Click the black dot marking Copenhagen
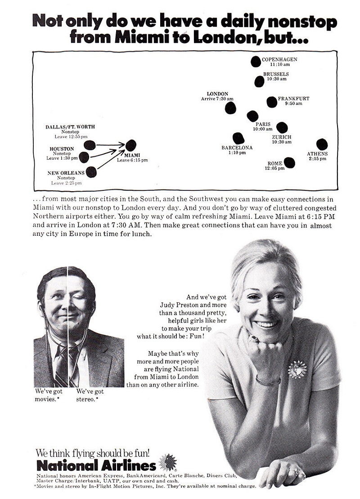point(256,62)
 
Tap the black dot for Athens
point(322,144)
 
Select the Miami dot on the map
point(130,145)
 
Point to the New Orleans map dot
point(91,172)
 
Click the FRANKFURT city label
point(293,98)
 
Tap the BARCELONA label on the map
point(237,148)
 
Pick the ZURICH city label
point(282,137)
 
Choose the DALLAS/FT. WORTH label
point(70,127)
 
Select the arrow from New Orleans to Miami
point(110,160)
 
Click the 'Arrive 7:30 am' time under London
point(217,99)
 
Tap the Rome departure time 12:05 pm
point(274,168)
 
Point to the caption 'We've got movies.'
point(48,396)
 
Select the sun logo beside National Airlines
point(168,463)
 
